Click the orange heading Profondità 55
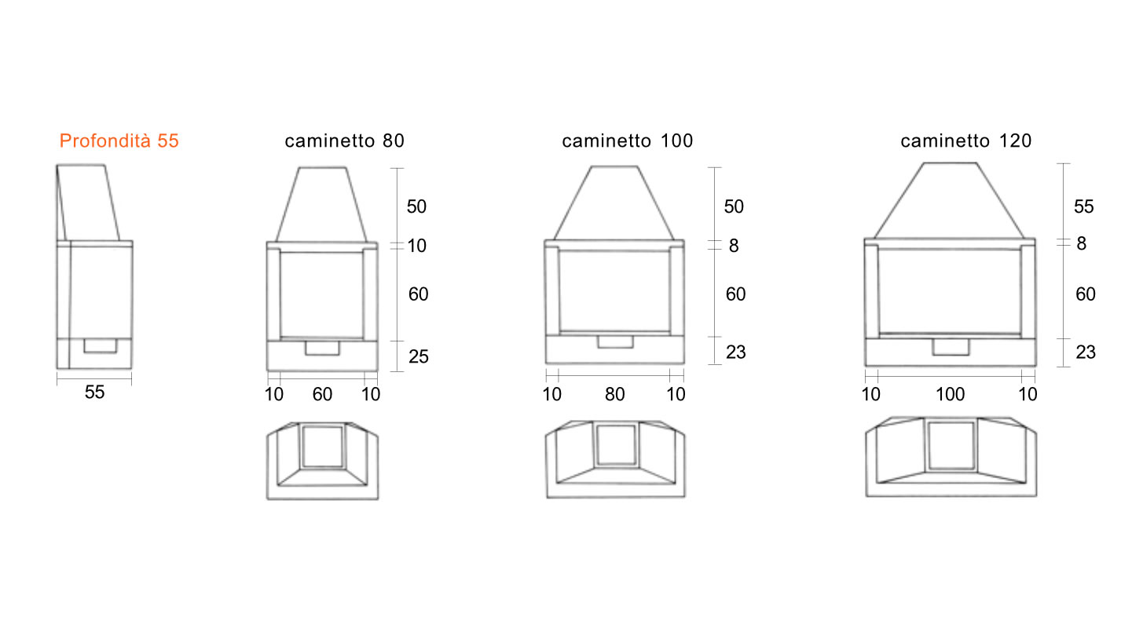click(119, 141)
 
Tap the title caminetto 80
click(344, 141)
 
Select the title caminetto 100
click(627, 141)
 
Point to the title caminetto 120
click(966, 141)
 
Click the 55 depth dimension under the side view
click(94, 392)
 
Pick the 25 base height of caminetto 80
click(419, 356)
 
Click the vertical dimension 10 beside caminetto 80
click(417, 246)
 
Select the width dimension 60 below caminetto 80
click(323, 394)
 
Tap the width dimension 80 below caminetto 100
click(615, 394)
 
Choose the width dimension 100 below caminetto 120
click(950, 394)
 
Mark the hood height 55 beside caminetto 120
click(1084, 206)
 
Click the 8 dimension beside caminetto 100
click(734, 246)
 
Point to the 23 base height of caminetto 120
click(1086, 352)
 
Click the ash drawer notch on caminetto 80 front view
click(323, 349)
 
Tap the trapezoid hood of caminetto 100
click(614, 203)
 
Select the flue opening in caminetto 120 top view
click(951, 445)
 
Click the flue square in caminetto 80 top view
click(323, 447)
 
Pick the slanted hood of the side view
click(88, 203)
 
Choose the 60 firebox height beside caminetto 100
click(736, 294)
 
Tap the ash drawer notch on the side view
click(101, 345)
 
